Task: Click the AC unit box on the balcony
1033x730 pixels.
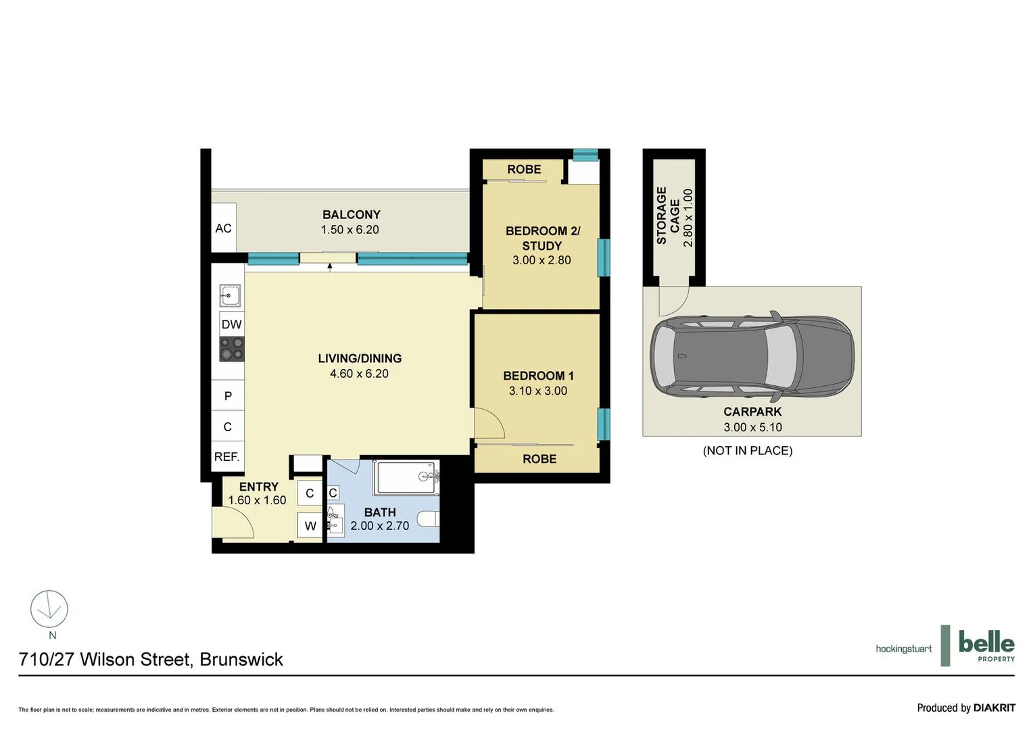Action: click(x=224, y=228)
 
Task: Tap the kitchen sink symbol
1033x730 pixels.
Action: click(x=230, y=295)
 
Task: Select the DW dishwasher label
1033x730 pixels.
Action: click(x=231, y=324)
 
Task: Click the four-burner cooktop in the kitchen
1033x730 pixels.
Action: click(x=231, y=349)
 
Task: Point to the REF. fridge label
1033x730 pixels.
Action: click(x=227, y=457)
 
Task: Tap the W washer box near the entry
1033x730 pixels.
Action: click(x=310, y=526)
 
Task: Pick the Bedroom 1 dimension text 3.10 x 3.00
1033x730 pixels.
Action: click(x=538, y=391)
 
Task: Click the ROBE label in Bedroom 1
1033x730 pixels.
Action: click(x=539, y=459)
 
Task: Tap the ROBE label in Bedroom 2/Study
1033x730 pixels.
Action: click(x=524, y=169)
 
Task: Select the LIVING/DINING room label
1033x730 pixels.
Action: click(x=360, y=358)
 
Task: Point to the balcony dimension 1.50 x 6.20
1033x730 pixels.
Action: click(x=350, y=230)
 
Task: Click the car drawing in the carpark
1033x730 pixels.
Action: click(x=752, y=356)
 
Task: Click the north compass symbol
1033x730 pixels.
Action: click(x=49, y=609)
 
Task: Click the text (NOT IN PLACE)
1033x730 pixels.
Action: click(x=748, y=450)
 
